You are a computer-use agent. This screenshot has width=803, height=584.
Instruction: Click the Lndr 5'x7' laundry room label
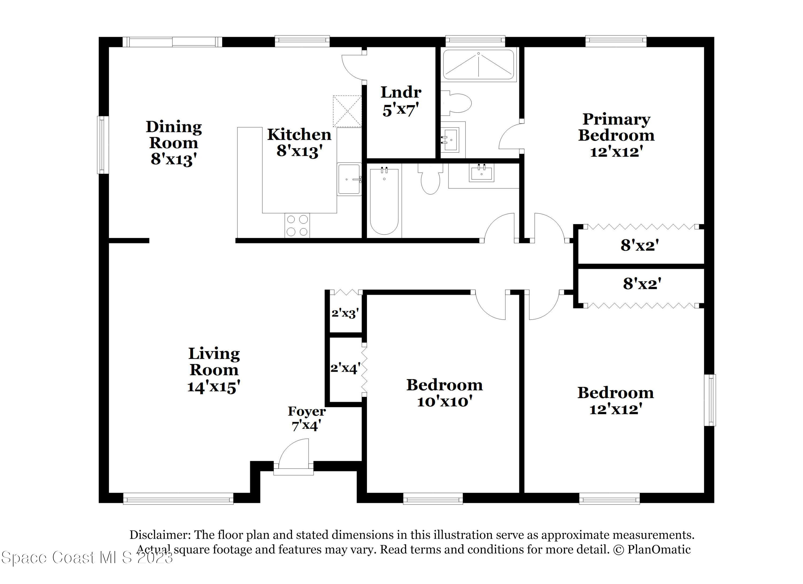tap(401, 101)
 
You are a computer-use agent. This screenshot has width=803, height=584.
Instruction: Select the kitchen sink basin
tap(349, 179)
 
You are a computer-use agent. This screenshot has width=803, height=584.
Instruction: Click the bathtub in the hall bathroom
tap(384, 201)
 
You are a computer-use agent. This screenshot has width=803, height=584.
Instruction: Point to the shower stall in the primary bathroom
tap(478, 65)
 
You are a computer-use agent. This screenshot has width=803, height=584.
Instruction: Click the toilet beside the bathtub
tap(430, 179)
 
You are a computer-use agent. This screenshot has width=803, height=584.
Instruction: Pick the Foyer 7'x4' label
tap(307, 418)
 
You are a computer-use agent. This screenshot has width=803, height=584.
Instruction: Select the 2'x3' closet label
tap(345, 313)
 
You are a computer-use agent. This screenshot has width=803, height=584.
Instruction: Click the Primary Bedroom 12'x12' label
tap(616, 135)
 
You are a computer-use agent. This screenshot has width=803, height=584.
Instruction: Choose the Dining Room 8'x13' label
tap(173, 143)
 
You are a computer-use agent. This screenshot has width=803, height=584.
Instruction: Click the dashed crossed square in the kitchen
tap(347, 111)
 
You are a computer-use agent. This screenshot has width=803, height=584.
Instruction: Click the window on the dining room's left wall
tap(103, 145)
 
